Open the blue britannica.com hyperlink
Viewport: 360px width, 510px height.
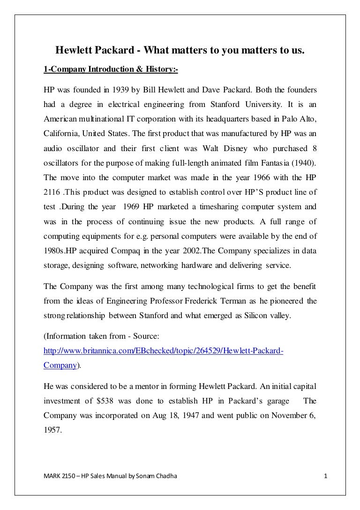[x=163, y=351]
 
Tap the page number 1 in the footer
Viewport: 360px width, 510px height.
[x=325, y=478]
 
